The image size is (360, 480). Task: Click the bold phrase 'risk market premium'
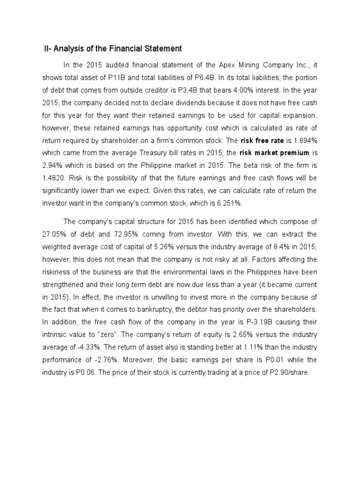point(274,153)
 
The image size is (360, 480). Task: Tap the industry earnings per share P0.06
point(84,372)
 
